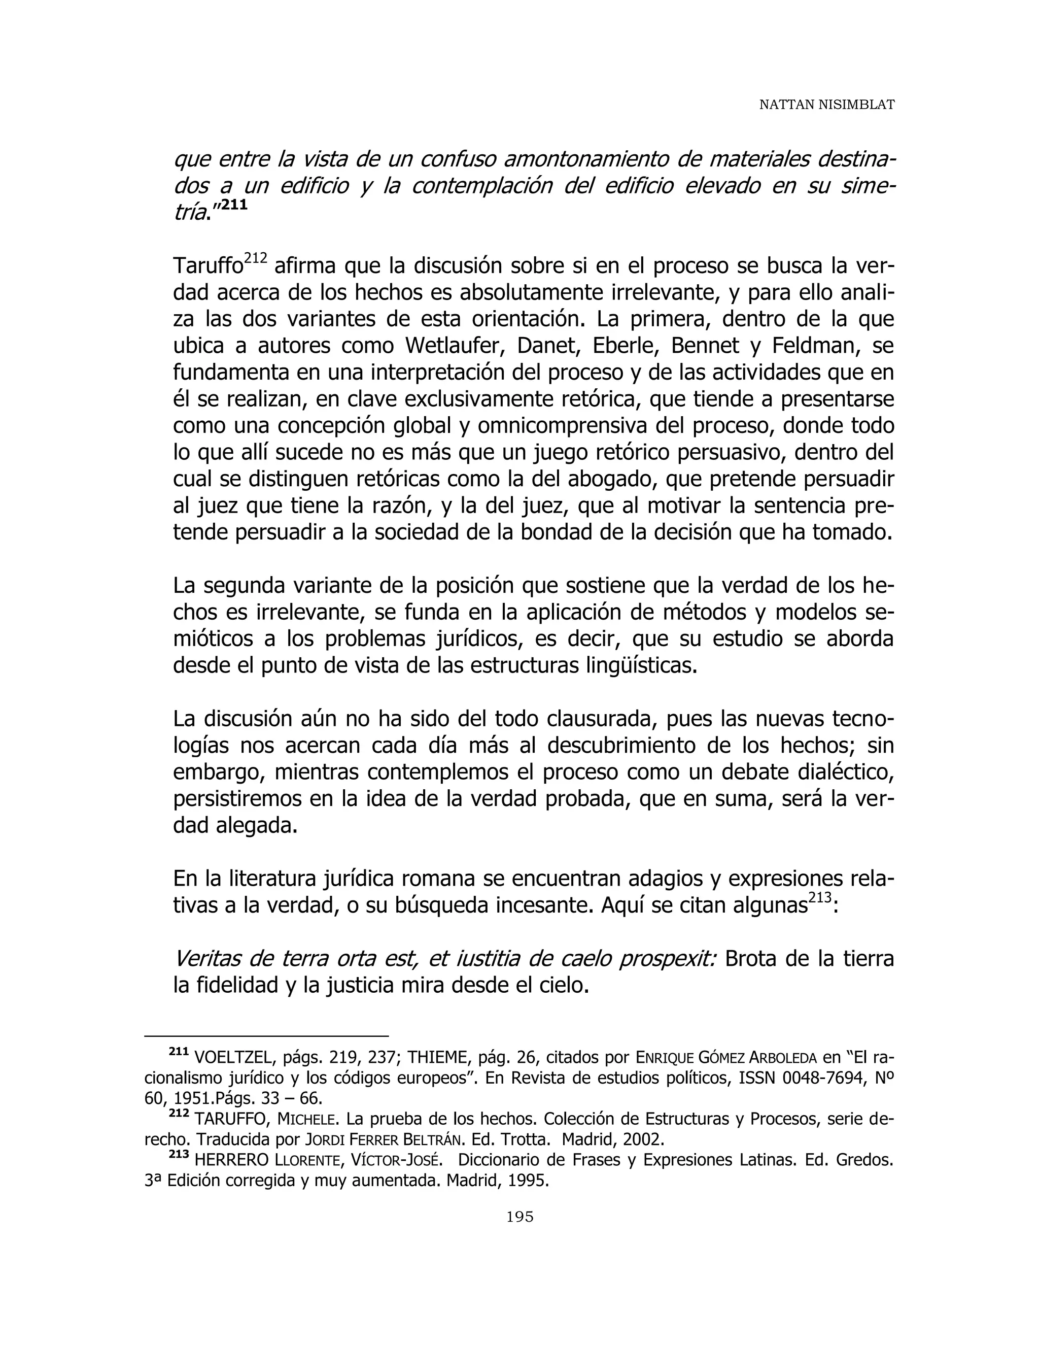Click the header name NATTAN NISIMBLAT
826,105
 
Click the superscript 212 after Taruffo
256,259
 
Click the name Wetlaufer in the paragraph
455,346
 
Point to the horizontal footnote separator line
266,1036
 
